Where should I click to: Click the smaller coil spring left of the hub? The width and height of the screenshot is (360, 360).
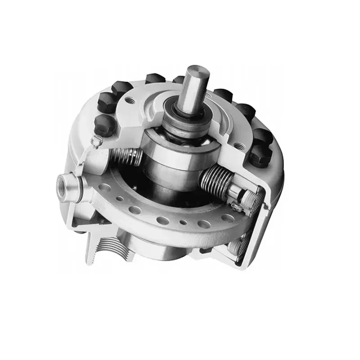[x=129, y=157]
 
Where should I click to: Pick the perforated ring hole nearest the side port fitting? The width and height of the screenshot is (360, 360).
[x=105, y=185]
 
